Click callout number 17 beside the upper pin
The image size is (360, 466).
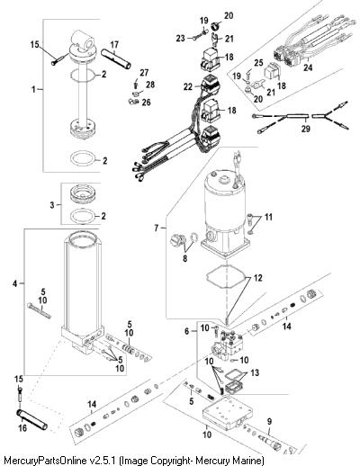pos(114,45)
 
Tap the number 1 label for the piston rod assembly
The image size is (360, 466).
pos(33,89)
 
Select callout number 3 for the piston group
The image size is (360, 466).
pos(52,205)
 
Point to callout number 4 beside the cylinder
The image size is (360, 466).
pos(15,283)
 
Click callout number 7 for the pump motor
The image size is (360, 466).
pos(157,229)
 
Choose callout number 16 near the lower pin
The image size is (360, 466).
pos(22,428)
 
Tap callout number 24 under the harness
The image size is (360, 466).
pos(308,67)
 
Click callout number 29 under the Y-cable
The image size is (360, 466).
pos(306,129)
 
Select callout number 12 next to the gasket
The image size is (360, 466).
pos(258,278)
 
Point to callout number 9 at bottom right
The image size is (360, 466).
pos(269,421)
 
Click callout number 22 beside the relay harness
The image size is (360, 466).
pos(188,86)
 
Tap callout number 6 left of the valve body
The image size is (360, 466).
pos(187,331)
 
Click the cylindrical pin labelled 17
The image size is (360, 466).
pos(116,58)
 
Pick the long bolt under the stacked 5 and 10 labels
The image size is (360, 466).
pos(39,310)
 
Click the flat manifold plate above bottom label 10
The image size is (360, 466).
pos(226,412)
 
